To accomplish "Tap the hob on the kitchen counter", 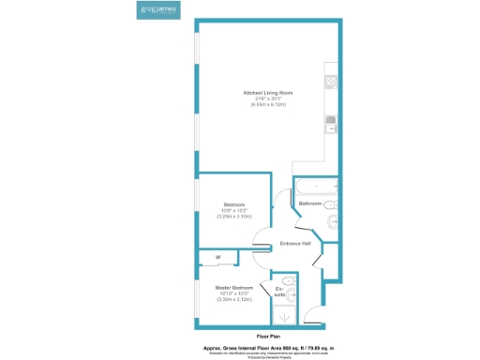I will [331, 82].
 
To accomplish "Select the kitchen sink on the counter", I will [331, 121].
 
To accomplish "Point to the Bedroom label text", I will [233, 204].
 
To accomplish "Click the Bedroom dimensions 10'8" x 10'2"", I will [233, 211].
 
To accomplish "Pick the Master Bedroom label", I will [233, 287].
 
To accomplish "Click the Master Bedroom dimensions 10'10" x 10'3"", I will [233, 293].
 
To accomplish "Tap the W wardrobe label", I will [217, 257].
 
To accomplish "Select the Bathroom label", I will [310, 203].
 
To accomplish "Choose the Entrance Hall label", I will [295, 245].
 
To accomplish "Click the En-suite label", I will [279, 291].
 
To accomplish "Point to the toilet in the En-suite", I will [289, 279].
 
